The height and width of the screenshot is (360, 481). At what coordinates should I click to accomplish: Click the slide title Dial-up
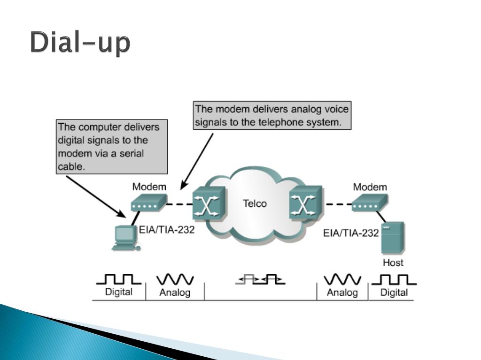pos(80,43)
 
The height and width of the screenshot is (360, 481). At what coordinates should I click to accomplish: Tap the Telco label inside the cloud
pos(254,203)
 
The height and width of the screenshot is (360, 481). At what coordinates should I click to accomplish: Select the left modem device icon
pos(148,202)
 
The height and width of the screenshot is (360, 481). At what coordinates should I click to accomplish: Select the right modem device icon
pos(370,202)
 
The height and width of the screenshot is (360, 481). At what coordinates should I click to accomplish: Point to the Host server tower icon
pos(392,239)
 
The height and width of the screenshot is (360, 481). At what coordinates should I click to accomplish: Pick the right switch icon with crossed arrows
pos(306,204)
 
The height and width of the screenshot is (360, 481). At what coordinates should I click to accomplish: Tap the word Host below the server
pos(393,262)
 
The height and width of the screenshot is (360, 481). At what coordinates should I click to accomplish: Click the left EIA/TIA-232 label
pos(167,230)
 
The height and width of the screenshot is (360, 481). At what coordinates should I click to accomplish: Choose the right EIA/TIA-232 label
pos(351,233)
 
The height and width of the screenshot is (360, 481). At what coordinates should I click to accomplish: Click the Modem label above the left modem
pos(149,187)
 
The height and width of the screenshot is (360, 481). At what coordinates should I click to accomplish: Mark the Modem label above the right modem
pos(370,187)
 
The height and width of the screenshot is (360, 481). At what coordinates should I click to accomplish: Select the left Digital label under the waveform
pos(118,292)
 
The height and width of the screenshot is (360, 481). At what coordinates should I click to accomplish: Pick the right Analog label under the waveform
pos(342,292)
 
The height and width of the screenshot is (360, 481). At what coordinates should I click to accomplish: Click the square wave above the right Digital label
pos(394,280)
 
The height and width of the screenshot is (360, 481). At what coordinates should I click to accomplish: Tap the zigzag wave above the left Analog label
pos(175,280)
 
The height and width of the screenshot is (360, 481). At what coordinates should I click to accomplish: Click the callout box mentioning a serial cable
pos(112,147)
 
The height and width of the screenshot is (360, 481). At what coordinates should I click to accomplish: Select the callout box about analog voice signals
pos(272,116)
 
